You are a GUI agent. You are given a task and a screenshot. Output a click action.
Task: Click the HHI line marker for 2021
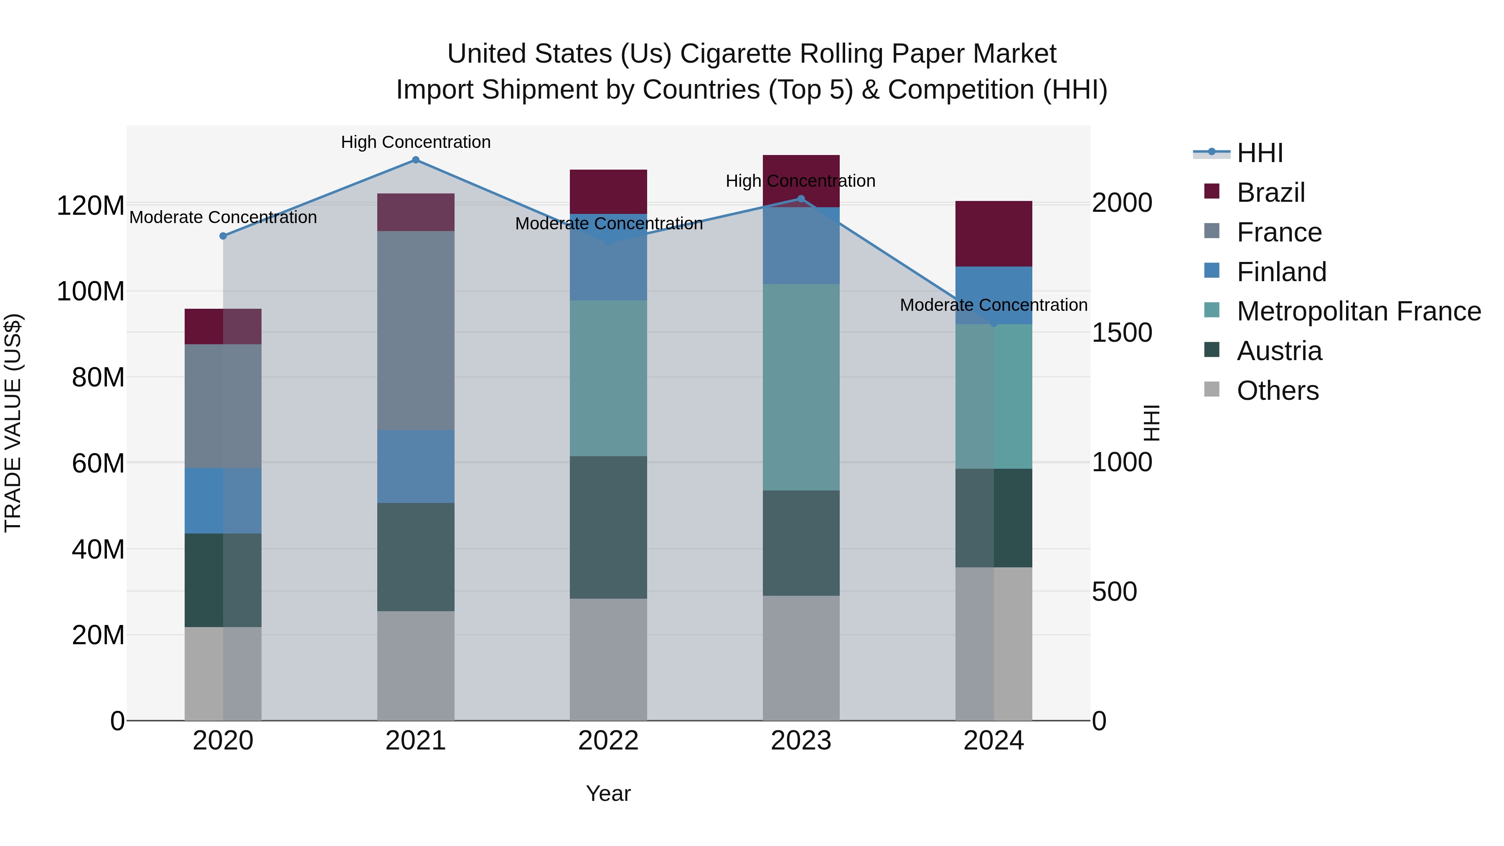416,160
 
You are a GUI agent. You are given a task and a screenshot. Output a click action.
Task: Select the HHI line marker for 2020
223,236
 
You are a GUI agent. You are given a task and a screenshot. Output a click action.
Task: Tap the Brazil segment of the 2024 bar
994,234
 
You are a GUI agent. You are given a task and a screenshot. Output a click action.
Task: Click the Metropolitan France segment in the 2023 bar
801,387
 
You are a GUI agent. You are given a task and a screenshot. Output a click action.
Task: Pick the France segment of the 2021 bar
416,330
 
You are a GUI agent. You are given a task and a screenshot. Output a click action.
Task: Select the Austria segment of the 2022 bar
608,527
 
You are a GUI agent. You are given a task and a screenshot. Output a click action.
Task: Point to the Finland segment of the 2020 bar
223,500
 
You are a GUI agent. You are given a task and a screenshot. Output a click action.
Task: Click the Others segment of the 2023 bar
801,658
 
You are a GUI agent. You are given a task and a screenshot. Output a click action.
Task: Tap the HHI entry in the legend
1259,153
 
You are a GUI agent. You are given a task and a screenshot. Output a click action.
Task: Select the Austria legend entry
1279,351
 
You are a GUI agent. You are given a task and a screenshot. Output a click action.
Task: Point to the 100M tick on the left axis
91,291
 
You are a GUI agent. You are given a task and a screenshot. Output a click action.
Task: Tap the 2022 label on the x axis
608,741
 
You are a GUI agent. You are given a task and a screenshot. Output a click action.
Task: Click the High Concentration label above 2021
416,142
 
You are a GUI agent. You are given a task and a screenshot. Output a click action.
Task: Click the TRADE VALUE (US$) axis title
13,423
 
